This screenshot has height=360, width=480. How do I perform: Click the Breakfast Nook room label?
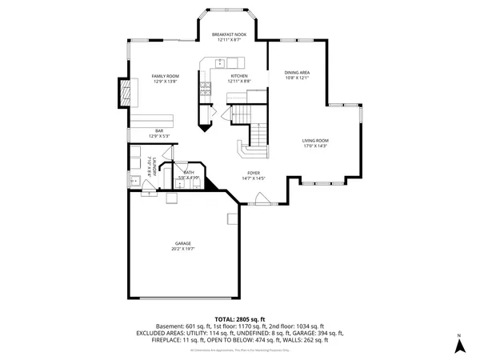click(228, 35)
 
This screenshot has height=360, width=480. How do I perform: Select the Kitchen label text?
click(239, 76)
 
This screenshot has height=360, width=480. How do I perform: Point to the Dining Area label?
click(297, 73)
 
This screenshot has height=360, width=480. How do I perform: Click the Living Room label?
click(315, 141)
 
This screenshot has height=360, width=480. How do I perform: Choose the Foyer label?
click(253, 173)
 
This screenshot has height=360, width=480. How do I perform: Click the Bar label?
click(159, 130)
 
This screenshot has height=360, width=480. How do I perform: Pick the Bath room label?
click(189, 172)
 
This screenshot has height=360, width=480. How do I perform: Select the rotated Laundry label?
click(150, 167)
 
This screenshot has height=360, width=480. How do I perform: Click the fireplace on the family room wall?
click(123, 93)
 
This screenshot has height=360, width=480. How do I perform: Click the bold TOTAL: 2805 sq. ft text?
click(239, 319)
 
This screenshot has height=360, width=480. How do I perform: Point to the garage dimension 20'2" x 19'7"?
click(183, 249)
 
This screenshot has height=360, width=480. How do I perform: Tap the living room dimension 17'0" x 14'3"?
click(315, 146)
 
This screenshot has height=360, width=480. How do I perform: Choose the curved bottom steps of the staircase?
click(244, 150)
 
